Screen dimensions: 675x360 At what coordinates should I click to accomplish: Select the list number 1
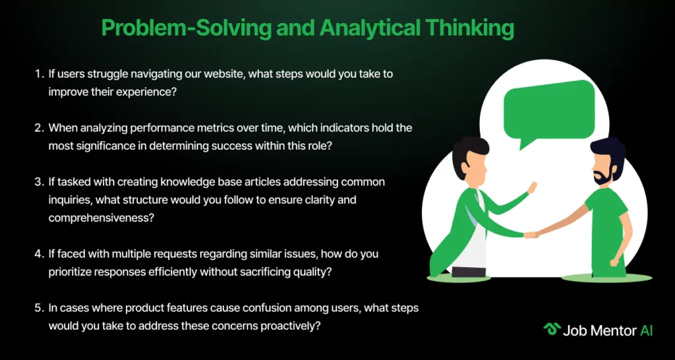pyautogui.click(x=39, y=74)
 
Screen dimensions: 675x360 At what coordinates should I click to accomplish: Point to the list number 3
pyautogui.click(x=39, y=182)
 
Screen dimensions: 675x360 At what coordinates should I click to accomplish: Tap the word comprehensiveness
pyautogui.click(x=101, y=218)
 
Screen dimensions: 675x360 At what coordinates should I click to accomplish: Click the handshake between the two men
pyautogui.click(x=531, y=235)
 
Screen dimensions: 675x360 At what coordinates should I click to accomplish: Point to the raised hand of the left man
pyautogui.click(x=532, y=187)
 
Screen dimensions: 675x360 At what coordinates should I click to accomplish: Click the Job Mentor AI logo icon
pyautogui.click(x=552, y=330)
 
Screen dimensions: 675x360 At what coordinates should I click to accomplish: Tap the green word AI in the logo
pyautogui.click(x=646, y=330)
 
